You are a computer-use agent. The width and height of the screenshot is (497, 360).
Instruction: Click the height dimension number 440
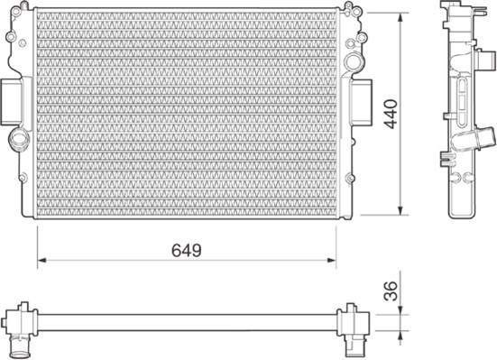pos(390,114)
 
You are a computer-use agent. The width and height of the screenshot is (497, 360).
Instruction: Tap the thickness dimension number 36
pos(390,291)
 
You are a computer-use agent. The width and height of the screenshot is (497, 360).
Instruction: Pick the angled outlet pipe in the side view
pos(478,140)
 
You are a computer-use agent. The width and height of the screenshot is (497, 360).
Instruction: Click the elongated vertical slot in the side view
pos(462,95)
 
